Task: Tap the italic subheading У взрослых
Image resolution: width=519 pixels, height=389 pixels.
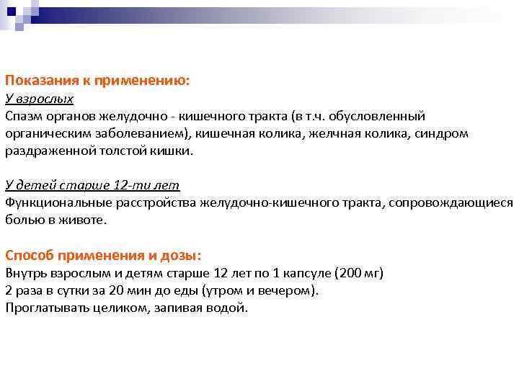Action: (x=39, y=99)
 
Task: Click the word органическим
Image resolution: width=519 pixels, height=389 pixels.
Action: (x=44, y=133)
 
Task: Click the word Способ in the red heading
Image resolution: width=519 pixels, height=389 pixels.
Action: (x=31, y=255)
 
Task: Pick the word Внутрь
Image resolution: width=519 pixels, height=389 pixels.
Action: (x=25, y=273)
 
